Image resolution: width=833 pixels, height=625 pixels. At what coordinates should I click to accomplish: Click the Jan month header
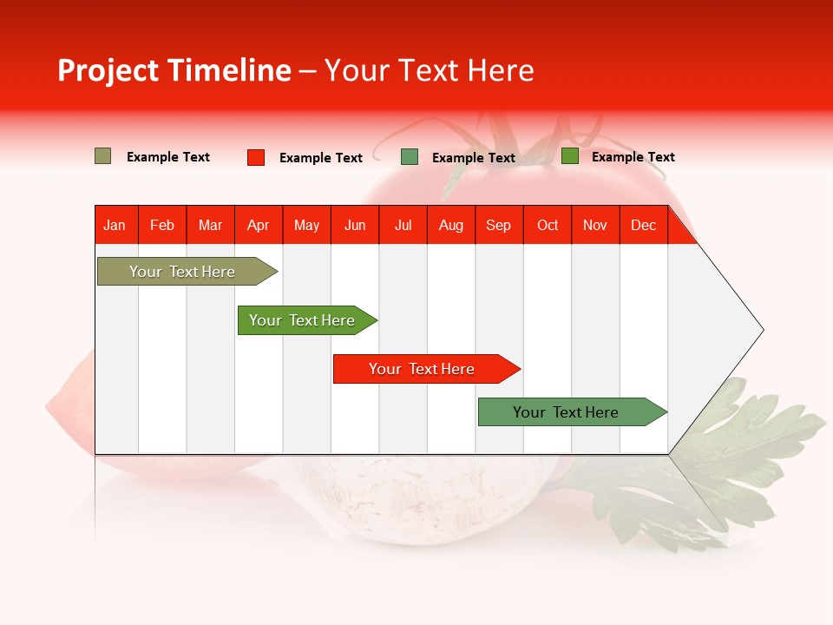pos(115,226)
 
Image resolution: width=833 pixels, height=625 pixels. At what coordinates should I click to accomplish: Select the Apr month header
pos(258,226)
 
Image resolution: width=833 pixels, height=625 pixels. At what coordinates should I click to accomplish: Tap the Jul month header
pos(403,226)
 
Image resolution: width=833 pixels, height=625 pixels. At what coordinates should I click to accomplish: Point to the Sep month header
pos(498,226)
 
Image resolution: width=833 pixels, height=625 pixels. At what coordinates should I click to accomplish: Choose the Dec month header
pos(643,226)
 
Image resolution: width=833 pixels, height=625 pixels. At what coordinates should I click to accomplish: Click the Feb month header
pos(162,226)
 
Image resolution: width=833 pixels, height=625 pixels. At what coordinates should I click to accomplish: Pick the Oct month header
pos(548,226)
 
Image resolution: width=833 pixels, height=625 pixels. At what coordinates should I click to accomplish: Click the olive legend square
pos(102,156)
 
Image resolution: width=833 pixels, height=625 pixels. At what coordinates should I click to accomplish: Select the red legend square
pos(255,157)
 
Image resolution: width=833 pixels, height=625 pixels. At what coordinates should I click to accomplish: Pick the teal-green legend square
pos(410,157)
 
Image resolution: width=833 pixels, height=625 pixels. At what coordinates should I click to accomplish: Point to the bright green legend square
pos(569,156)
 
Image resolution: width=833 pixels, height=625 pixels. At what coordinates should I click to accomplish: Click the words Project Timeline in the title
pos(174,70)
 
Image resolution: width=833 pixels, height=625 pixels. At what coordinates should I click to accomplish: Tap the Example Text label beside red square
pos(320,158)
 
